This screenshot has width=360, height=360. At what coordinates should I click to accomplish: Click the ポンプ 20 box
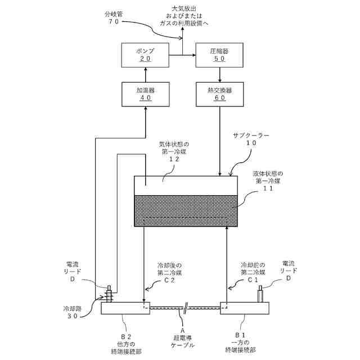coord(145,55)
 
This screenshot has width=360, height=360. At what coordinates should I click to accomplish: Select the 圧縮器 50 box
coord(219,55)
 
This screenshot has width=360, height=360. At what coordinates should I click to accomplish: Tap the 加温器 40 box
coord(146,94)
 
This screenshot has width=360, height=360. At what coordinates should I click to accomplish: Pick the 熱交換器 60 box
coord(220,94)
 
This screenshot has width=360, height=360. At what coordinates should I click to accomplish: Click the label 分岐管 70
coord(114,18)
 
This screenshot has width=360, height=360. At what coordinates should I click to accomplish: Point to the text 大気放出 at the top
coord(184,9)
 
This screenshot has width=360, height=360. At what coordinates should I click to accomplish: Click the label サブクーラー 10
coord(251,139)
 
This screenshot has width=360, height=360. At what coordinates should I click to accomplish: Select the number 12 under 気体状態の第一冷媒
coord(174,159)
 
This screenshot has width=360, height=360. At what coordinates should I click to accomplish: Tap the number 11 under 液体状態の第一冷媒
coord(268,188)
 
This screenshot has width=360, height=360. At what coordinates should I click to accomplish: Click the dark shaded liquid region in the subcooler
coord(186,211)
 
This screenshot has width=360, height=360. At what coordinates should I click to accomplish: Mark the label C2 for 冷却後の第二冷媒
coord(169,280)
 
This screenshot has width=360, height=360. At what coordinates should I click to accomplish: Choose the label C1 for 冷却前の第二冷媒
coord(253,280)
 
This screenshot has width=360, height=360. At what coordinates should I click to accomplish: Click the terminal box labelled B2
coord(125,308)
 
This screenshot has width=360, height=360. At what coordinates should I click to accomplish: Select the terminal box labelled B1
coord(245,308)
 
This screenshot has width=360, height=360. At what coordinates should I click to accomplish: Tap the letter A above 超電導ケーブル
coord(182,331)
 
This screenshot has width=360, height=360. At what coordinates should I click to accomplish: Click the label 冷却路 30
coord(73,312)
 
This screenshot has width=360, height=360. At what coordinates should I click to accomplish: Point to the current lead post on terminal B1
coord(260,294)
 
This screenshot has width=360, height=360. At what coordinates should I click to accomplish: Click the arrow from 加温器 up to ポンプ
coord(145,75)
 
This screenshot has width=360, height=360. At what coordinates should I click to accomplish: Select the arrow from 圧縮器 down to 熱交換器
coord(220,75)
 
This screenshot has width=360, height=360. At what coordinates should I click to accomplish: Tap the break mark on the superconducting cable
coord(185,308)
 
